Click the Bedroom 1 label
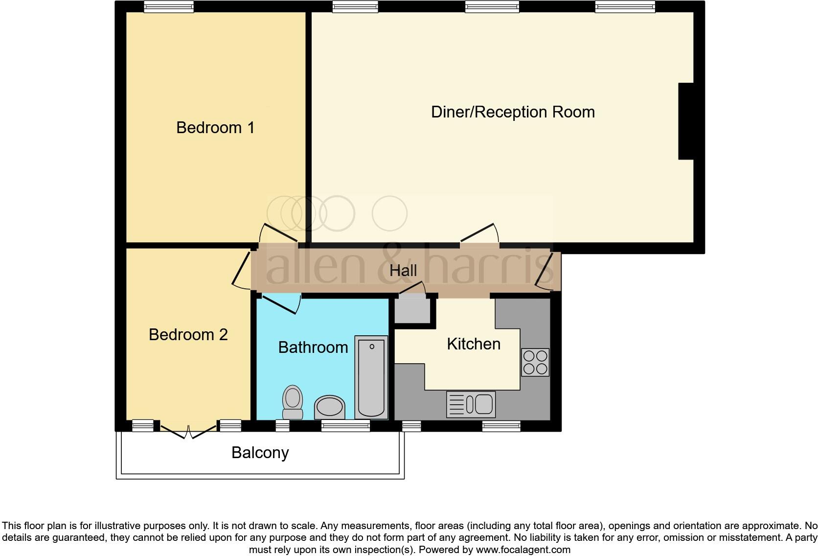point(215,128)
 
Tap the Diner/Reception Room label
point(512,112)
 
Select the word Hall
point(403,271)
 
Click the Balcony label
point(260,453)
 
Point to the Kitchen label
point(473,344)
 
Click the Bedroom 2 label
point(188,335)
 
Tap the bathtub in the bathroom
point(371,377)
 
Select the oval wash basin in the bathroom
point(329,407)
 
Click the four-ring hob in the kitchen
point(535,362)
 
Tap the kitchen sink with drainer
point(471,404)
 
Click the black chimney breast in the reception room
point(686,121)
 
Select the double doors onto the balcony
point(188,431)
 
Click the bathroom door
point(281,303)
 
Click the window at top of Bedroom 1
point(169,7)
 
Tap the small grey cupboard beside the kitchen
point(412,310)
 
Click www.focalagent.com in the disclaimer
point(523,550)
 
